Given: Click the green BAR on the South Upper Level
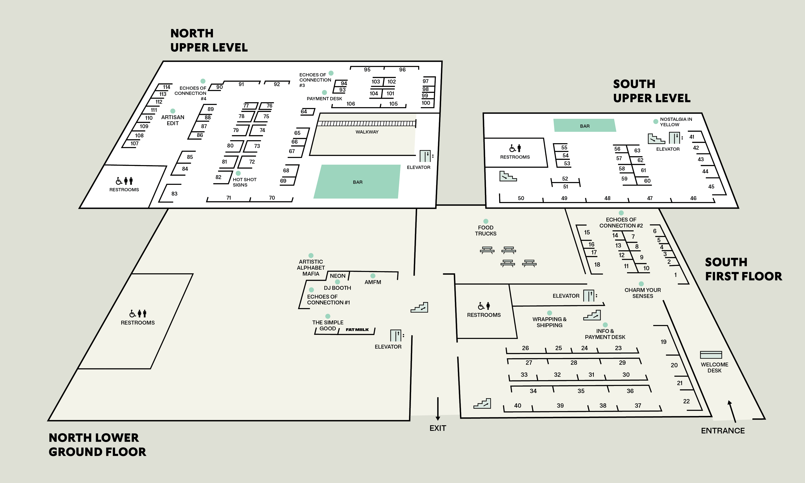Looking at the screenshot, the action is (585, 125).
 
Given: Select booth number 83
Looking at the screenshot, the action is (174, 194).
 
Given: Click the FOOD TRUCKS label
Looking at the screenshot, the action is (486, 230).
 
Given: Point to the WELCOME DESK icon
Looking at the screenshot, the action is (711, 355).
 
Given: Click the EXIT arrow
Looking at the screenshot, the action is (438, 409).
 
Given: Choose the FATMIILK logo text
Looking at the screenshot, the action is (357, 330).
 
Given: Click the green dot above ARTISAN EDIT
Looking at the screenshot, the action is (173, 111).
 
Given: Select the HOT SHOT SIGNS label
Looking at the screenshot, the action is (244, 182).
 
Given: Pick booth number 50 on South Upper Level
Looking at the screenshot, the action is (521, 198).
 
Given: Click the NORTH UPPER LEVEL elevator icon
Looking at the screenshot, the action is (425, 156).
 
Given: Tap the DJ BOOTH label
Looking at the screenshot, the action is (337, 288).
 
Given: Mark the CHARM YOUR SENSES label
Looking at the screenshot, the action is (643, 293).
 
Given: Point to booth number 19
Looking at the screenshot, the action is (664, 342).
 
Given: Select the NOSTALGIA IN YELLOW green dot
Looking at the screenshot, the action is (656, 122).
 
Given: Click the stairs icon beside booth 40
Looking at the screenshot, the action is (482, 404).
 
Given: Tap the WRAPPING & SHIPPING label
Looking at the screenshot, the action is (549, 322).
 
